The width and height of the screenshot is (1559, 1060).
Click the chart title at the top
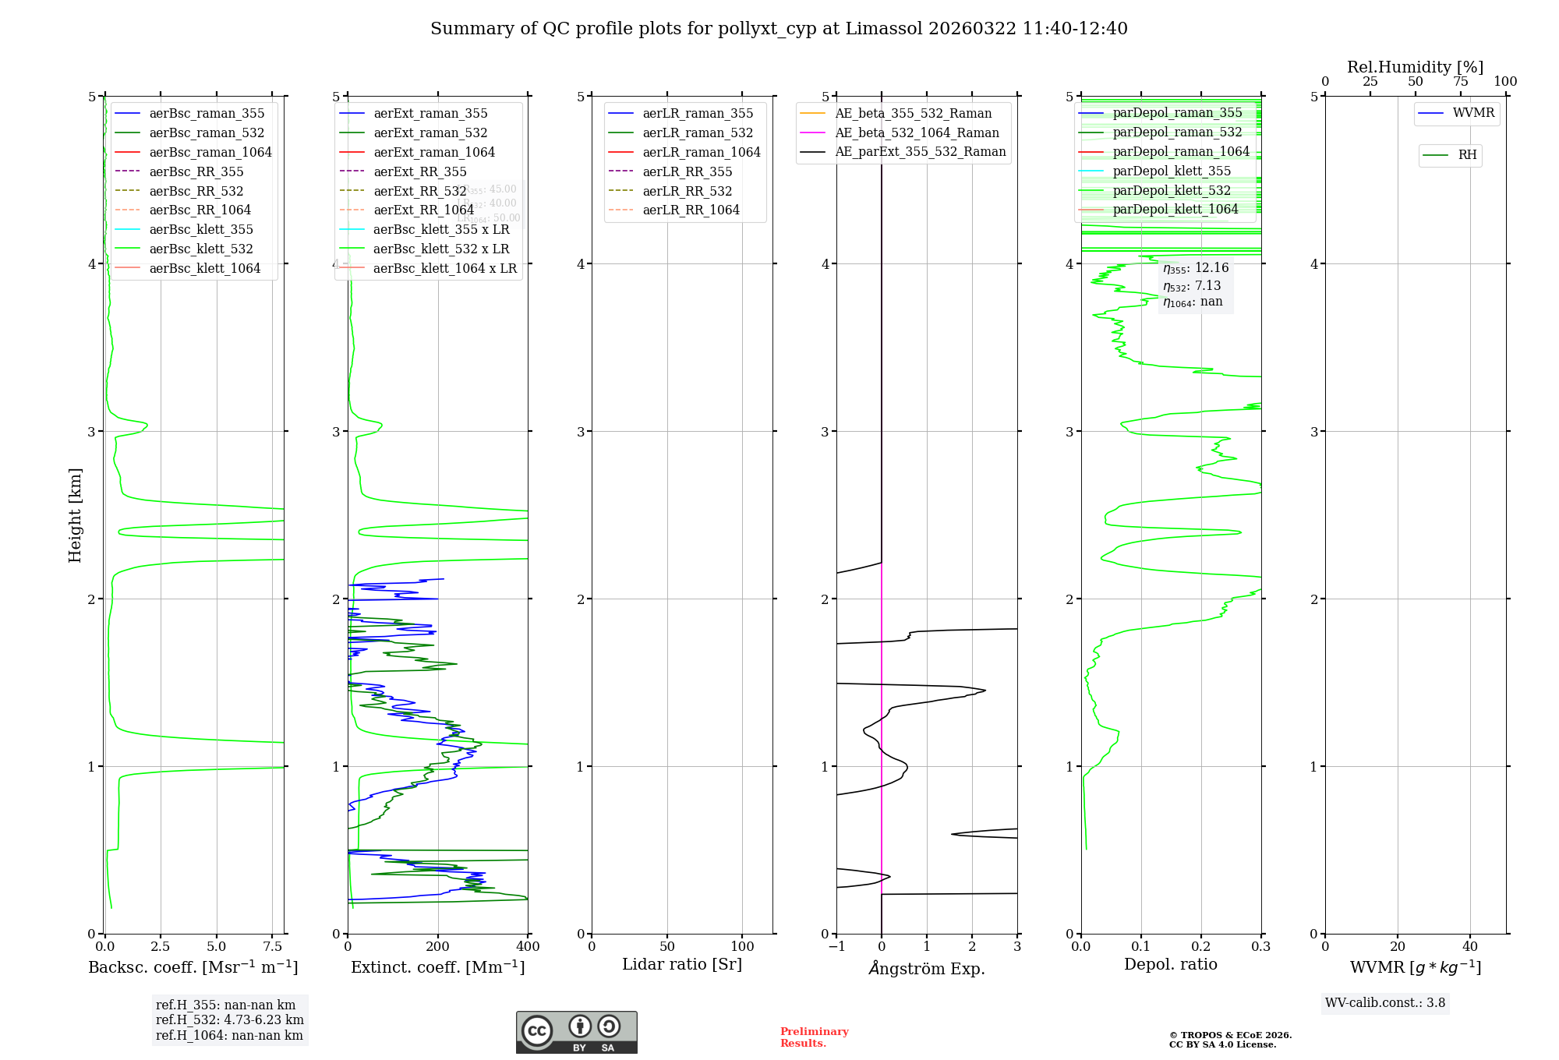point(779,29)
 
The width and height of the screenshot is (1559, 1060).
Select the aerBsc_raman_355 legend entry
point(207,114)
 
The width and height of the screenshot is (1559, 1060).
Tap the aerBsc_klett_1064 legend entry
point(204,268)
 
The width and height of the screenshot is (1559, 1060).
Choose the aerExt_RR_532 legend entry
point(419,191)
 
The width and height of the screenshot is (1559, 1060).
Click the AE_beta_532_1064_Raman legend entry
point(917,132)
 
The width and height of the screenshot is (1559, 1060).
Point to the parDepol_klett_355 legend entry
point(1172,171)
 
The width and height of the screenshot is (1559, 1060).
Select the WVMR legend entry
point(1473,113)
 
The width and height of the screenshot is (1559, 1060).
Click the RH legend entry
point(1467,155)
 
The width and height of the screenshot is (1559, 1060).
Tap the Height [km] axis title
point(75,514)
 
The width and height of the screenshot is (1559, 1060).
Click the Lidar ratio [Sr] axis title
point(682,964)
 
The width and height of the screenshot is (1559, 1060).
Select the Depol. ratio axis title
point(1170,964)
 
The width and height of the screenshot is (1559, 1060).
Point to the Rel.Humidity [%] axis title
point(1415,67)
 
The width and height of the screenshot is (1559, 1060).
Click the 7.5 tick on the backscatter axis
point(273,946)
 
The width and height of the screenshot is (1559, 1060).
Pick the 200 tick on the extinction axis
point(438,946)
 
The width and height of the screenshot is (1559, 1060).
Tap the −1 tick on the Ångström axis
point(836,946)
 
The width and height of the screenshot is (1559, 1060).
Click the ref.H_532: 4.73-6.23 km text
point(229,1020)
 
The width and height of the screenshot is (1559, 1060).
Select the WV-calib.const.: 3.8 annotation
point(1384,1003)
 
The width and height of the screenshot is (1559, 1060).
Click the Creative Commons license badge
point(576,1032)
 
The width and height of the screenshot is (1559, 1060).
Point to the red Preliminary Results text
point(814,1037)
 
